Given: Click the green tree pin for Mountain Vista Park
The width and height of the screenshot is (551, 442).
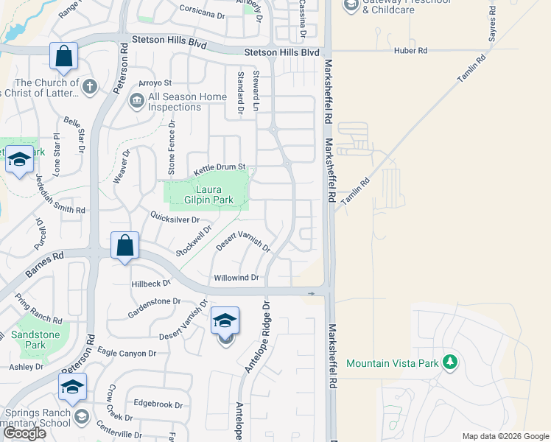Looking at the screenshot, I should click(449, 362).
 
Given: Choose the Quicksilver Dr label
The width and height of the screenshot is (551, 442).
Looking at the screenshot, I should click(175, 219).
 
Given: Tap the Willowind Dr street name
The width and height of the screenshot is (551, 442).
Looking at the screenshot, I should click(236, 278).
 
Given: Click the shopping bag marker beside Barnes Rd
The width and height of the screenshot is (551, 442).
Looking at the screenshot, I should click(124, 246).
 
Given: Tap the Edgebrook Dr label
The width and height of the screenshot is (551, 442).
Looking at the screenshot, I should click(158, 404).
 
